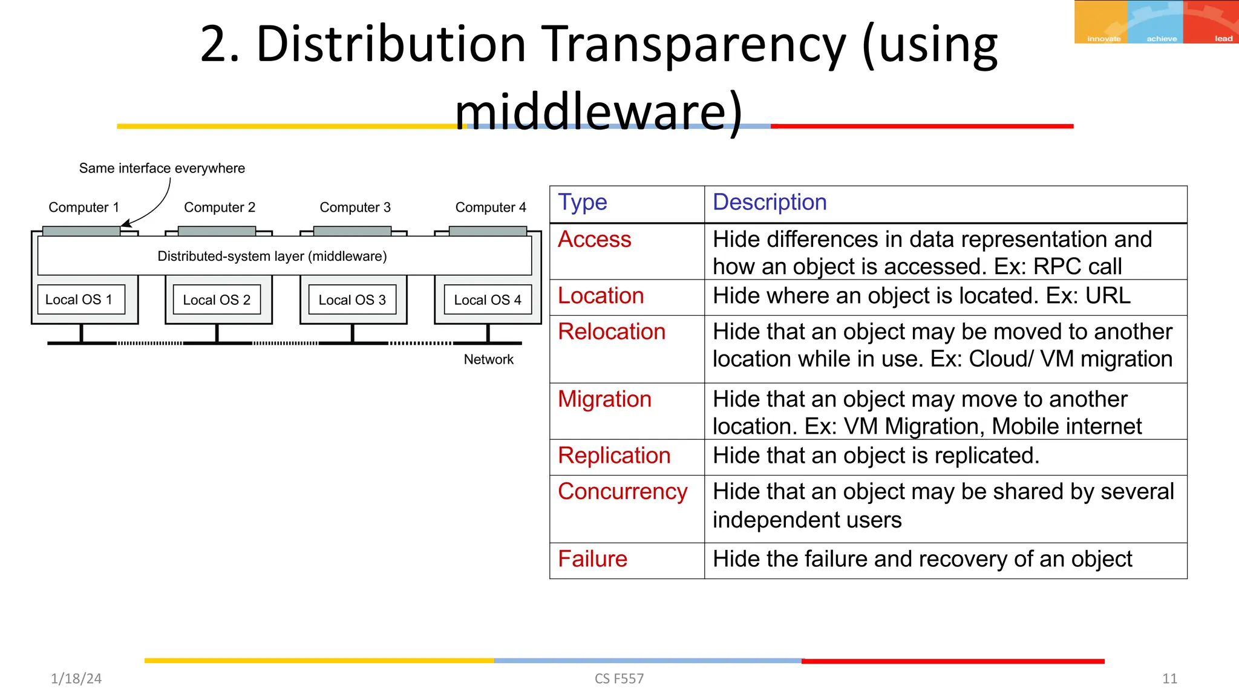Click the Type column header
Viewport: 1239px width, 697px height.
582,202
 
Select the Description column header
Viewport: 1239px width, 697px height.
770,202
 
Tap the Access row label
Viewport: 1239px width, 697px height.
594,240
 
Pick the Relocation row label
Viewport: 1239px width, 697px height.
611,332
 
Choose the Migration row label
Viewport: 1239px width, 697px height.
604,399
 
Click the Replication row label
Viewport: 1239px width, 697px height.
614,456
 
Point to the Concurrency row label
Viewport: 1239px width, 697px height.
623,491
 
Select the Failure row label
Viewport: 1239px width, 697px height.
592,559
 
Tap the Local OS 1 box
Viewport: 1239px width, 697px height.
81,299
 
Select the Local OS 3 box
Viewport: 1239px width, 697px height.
352,299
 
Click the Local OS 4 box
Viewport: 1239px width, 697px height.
488,299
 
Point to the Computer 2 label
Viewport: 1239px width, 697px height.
220,208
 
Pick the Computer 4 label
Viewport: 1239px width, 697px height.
491,208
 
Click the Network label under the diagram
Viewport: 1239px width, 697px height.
488,359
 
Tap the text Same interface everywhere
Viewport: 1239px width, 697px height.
162,168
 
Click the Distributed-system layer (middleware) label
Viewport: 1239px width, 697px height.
272,256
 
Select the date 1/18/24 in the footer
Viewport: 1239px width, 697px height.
76,679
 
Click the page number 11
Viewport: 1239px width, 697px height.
1169,679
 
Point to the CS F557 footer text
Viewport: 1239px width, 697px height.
619,679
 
